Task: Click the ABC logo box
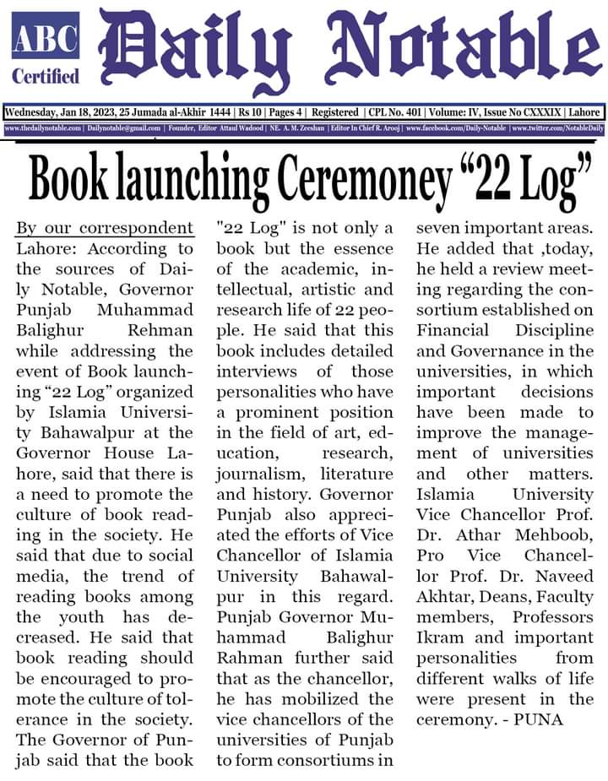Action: pyautogui.click(x=46, y=35)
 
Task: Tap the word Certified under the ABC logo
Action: pyautogui.click(x=46, y=76)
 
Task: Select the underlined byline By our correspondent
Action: pyautogui.click(x=105, y=229)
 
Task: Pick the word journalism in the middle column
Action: pyautogui.click(x=255, y=474)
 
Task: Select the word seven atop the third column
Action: pyautogui.click(x=439, y=229)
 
